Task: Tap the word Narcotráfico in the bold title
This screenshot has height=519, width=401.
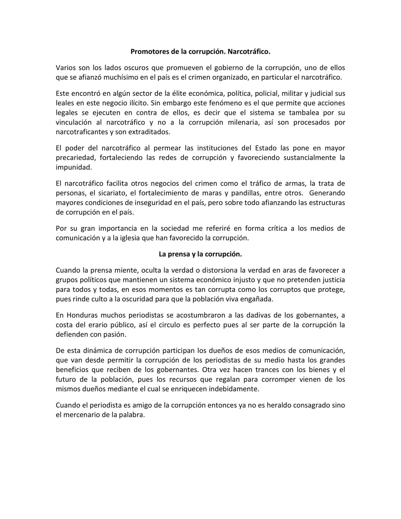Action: coord(249,52)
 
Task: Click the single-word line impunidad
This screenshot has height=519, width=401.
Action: coord(74,167)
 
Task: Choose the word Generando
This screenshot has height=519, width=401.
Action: coord(327,193)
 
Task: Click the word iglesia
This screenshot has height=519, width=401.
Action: coord(130,238)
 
